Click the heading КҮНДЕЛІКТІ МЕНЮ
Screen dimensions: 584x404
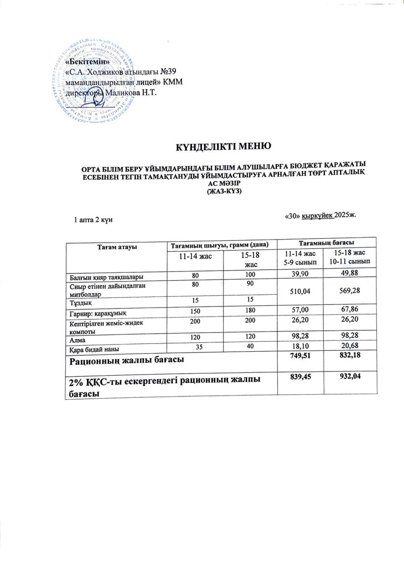point(224,146)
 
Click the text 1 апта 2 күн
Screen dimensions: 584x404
point(93,219)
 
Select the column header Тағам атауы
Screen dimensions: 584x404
point(116,247)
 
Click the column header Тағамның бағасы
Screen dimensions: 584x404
point(326,242)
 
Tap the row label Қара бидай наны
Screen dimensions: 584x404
point(95,349)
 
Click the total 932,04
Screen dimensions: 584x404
point(350,375)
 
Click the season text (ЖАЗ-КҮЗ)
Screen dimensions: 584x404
point(224,191)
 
